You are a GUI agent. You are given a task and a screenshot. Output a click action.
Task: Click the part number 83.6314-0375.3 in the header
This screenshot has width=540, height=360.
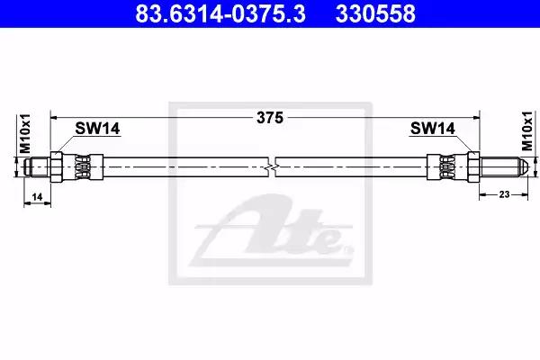click(220, 13)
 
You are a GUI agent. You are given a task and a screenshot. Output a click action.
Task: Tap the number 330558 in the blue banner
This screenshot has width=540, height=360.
click(375, 13)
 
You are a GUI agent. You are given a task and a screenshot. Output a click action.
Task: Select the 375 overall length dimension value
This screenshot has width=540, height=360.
click(270, 118)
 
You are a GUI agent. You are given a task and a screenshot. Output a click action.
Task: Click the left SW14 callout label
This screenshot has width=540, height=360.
click(97, 129)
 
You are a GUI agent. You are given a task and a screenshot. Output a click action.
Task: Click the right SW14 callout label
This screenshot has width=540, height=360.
click(433, 129)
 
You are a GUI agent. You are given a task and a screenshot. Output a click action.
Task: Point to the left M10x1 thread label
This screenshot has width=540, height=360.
click(25, 134)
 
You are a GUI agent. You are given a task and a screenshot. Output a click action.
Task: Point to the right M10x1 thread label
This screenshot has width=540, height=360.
click(526, 131)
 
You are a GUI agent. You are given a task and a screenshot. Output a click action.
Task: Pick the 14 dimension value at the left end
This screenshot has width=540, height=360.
click(37, 197)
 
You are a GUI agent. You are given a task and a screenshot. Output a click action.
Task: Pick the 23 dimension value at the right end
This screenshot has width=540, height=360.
click(504, 194)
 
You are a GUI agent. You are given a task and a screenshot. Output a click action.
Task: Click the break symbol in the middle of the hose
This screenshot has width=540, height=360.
click(272, 167)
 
